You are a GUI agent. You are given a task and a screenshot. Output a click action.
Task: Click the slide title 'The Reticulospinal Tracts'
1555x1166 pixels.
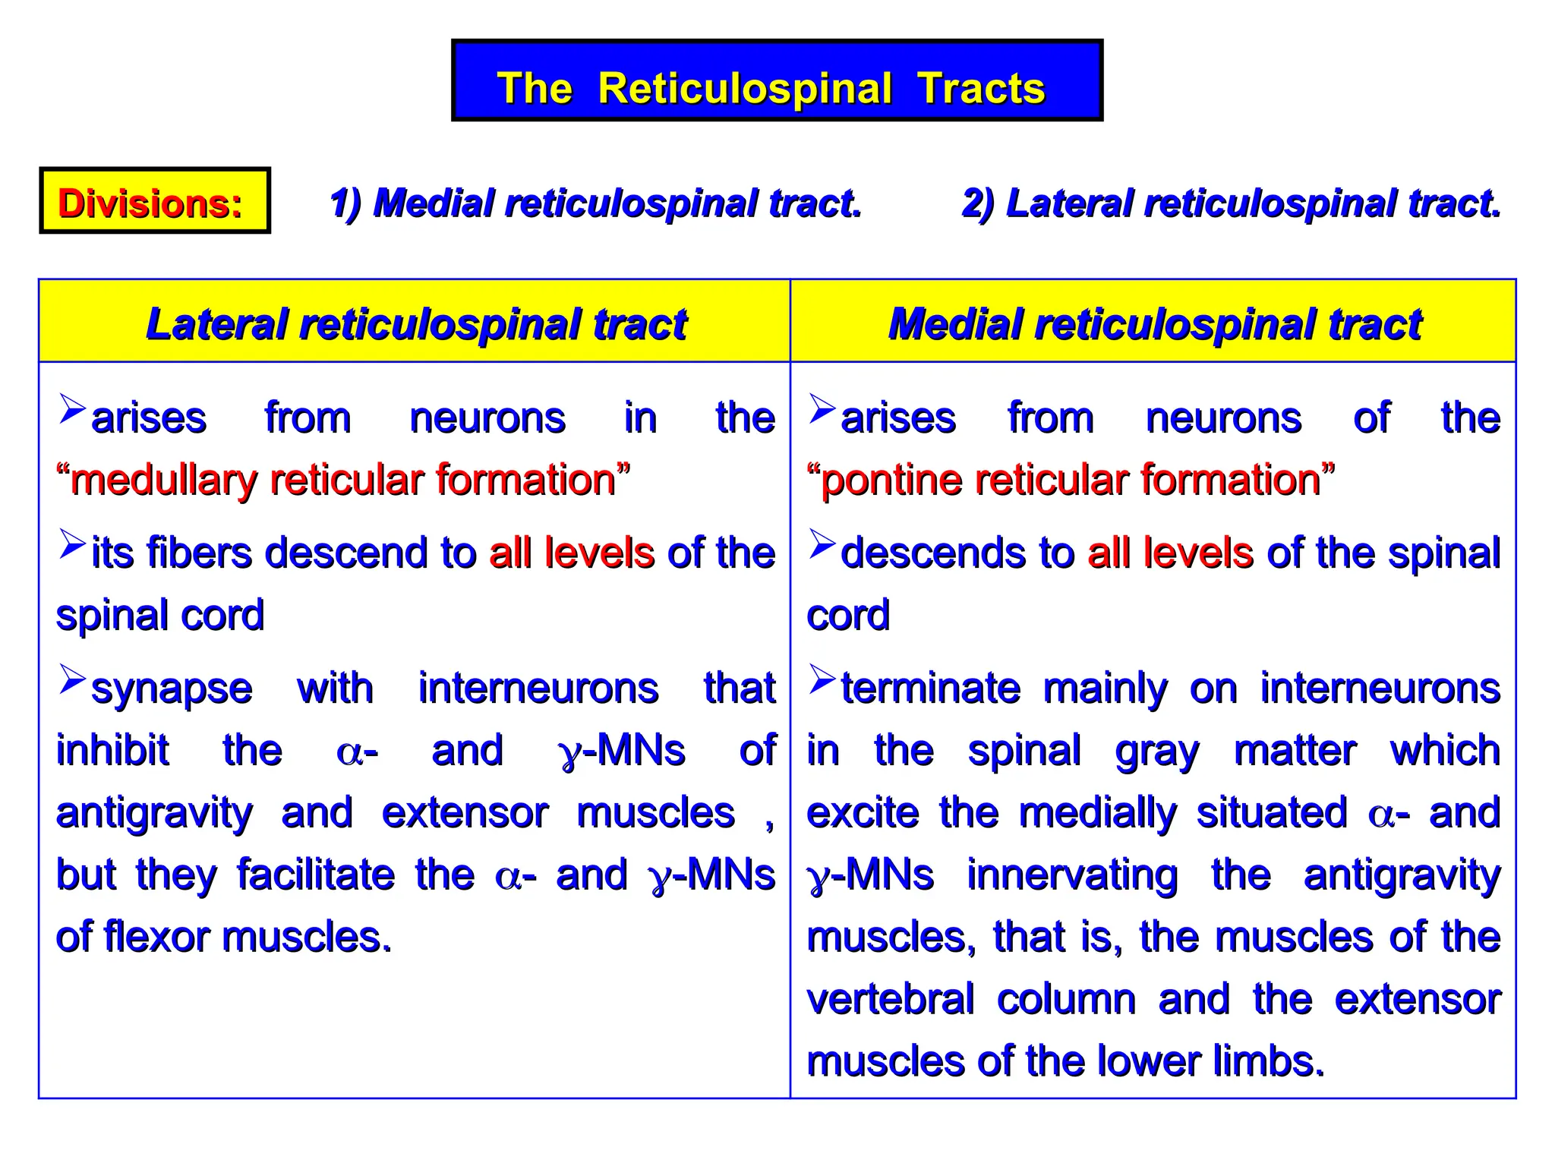click(771, 87)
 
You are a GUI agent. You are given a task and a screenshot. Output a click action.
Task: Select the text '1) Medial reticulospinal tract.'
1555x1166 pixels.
click(595, 203)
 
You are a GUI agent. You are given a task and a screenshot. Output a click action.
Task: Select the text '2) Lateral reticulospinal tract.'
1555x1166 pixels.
click(1231, 203)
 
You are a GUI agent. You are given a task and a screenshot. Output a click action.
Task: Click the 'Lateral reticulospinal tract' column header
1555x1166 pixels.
click(415, 324)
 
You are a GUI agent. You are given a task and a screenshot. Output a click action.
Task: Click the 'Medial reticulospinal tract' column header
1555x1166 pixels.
click(1154, 324)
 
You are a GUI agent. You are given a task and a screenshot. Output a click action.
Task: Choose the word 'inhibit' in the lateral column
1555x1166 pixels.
click(112, 751)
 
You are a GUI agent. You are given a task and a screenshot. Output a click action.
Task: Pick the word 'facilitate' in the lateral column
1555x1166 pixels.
click(316, 875)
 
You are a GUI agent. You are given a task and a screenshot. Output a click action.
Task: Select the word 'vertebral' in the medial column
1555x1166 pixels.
click(890, 1000)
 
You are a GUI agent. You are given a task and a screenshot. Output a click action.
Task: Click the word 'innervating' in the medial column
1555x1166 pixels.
click(1072, 875)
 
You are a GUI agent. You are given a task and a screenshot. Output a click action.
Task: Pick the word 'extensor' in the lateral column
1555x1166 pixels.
click(465, 813)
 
